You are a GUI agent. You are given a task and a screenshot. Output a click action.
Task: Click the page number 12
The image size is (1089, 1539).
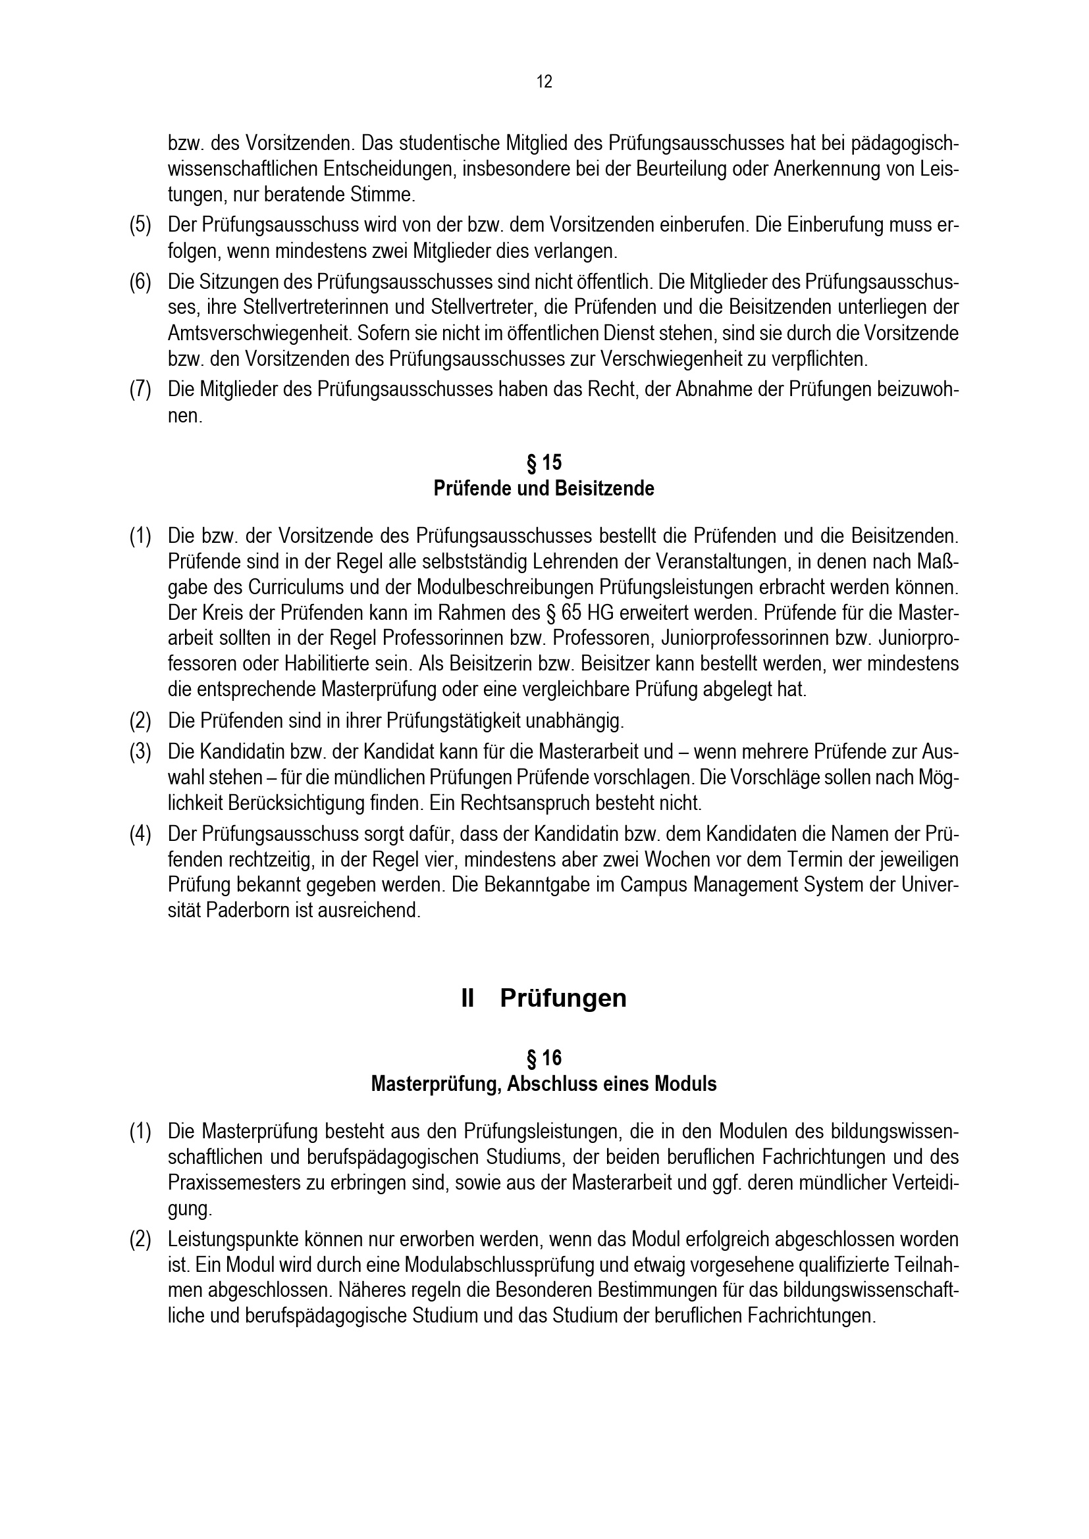click(544, 82)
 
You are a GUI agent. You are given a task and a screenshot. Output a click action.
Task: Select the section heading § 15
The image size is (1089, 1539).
click(544, 463)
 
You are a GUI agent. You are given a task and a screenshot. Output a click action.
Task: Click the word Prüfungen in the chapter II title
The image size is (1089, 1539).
click(564, 998)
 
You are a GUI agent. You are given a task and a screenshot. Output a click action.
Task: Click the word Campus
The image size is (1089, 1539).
click(654, 885)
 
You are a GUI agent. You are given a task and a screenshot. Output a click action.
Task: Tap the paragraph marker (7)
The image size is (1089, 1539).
click(140, 390)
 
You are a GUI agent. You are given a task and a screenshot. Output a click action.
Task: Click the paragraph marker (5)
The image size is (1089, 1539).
click(140, 224)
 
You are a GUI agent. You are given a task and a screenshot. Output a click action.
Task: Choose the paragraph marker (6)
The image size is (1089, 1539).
click(140, 281)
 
